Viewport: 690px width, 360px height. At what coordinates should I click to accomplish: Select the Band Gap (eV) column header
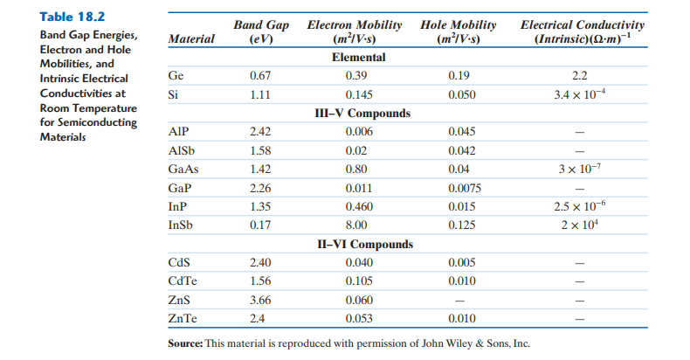[x=261, y=32]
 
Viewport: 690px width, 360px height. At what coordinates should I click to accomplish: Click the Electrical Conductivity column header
[x=582, y=32]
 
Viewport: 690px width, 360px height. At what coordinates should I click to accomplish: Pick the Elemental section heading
[x=359, y=58]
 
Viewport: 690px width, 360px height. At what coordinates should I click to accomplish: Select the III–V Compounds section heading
[x=362, y=114]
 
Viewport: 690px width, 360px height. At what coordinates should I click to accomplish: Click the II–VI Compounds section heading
[x=363, y=245]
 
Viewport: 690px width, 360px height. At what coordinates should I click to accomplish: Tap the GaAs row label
[x=182, y=169]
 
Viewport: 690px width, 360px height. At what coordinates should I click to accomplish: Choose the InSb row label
[x=181, y=225]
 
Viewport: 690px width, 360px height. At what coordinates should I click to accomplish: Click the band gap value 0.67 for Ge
[x=261, y=76]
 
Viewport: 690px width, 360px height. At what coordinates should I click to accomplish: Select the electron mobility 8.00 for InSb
[x=357, y=225]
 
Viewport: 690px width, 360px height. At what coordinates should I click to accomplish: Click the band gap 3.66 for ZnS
[x=261, y=300]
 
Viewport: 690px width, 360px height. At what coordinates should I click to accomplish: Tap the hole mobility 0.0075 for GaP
[x=464, y=188]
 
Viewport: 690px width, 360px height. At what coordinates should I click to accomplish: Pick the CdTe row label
[x=183, y=280]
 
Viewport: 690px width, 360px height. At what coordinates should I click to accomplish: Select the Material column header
[x=191, y=39]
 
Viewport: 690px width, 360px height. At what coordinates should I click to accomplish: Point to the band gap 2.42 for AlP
[x=261, y=132]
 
